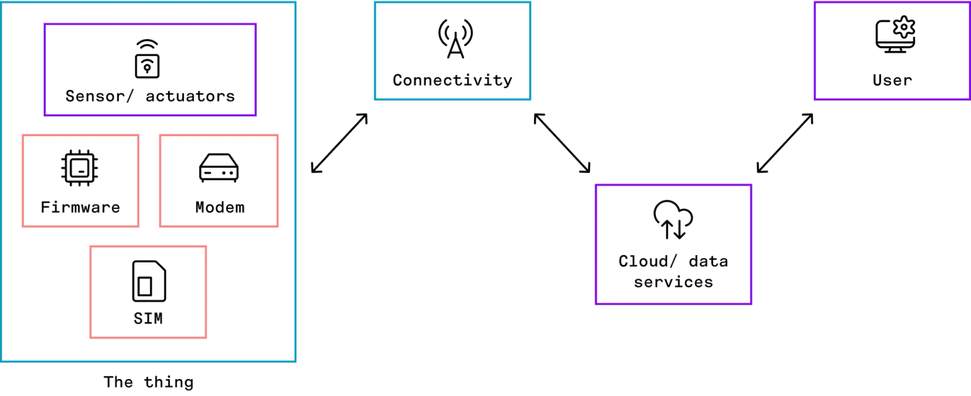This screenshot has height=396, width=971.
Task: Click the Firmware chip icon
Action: tap(80, 168)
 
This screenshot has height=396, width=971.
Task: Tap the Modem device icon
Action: tap(218, 168)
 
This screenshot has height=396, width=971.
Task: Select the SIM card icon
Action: tap(149, 281)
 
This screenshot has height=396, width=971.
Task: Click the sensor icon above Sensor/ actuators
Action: tap(147, 60)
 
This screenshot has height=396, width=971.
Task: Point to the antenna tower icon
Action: tap(455, 39)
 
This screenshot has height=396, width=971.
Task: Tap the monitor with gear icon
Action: tap(895, 35)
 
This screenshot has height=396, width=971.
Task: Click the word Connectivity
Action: tap(452, 80)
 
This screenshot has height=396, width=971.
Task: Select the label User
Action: tap(892, 80)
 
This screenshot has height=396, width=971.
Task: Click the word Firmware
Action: tap(80, 207)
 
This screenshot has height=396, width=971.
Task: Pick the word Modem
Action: tap(220, 207)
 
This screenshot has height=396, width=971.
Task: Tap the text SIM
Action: tap(148, 318)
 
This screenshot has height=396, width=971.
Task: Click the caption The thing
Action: tap(149, 382)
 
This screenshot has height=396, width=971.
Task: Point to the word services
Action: tap(674, 282)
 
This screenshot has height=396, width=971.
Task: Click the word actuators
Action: tap(190, 96)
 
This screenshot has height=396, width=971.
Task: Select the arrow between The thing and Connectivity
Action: tap(339, 143)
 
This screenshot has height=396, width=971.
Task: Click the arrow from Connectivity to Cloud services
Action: tap(562, 143)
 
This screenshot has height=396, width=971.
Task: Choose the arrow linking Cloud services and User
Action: tap(785, 143)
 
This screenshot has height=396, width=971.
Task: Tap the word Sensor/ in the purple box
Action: tap(99, 96)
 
